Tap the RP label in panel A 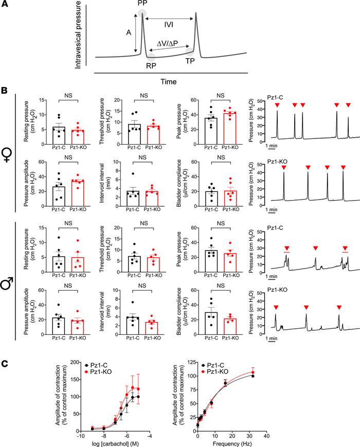[152, 65]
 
